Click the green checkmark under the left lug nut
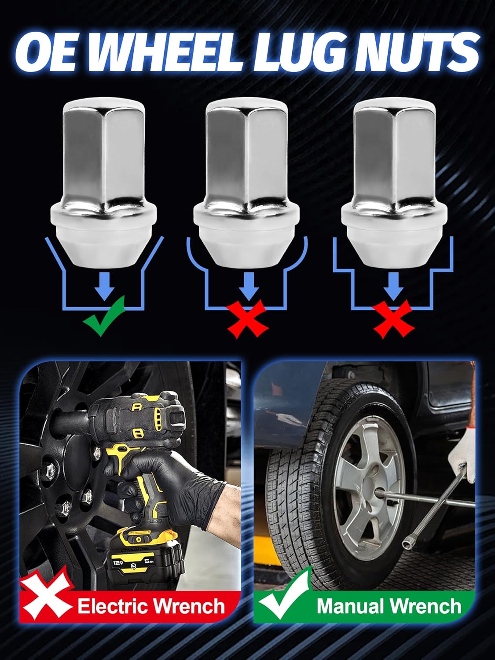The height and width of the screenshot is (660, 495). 105,316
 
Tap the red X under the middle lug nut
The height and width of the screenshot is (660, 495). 247,320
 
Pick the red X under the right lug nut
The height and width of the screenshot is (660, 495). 394,319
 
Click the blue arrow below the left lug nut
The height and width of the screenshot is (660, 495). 105,286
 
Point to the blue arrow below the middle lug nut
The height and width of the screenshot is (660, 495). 249,286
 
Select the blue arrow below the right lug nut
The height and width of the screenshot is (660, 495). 394,286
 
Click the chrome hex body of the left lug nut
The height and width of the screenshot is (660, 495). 104,154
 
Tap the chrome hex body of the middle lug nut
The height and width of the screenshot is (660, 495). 247,154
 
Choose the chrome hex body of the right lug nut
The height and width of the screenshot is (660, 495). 394,154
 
